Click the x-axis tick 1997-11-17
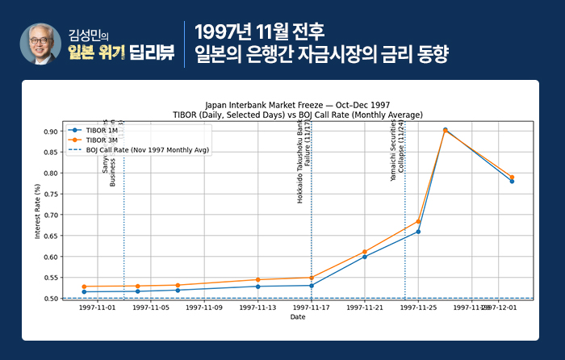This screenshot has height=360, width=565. pos(312,308)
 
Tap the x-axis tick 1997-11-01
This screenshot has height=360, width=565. pos(97,308)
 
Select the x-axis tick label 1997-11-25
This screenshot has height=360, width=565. pos(418,308)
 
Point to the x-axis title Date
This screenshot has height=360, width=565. pos(298,317)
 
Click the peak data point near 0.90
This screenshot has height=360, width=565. pos(445,130)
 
